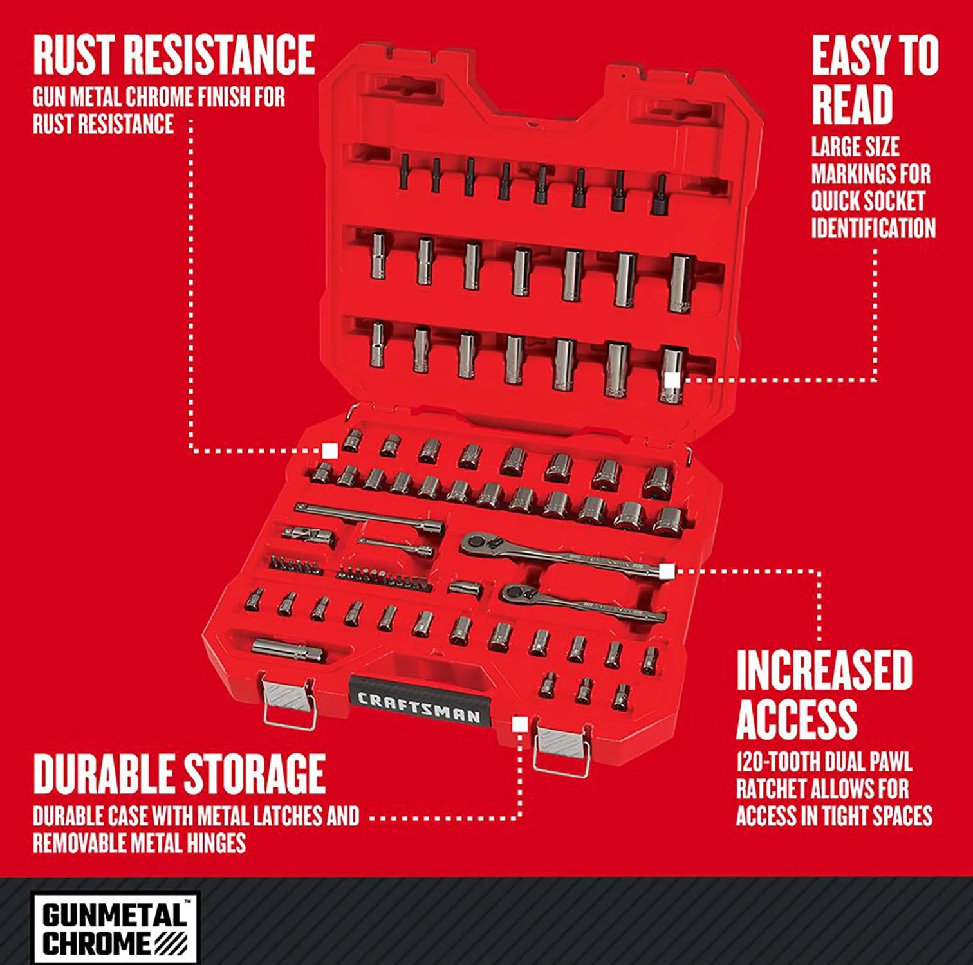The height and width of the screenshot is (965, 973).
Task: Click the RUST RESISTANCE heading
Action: click(174, 55)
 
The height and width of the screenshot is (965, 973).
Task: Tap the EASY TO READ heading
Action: click(875, 80)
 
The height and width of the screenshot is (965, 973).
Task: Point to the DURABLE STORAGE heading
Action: click(179, 773)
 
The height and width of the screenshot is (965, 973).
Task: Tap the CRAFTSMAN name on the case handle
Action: click(419, 707)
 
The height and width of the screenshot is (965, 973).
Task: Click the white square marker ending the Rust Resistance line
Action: click(330, 450)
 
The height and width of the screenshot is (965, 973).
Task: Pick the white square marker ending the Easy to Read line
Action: click(671, 380)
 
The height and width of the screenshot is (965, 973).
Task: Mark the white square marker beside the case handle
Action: click(520, 725)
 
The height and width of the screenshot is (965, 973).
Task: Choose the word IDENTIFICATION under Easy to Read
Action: click(873, 228)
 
